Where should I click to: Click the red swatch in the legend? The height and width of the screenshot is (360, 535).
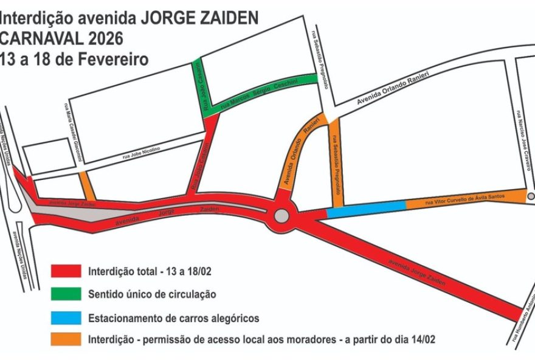pos(66,271)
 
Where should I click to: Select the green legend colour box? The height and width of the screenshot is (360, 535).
pos(66,294)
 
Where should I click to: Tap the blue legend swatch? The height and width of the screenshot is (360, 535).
pos(66,317)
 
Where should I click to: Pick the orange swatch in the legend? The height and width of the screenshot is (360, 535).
pos(66,339)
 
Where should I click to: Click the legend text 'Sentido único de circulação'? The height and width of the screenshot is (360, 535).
pos(152,294)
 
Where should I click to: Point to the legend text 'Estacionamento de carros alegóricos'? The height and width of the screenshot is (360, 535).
pos(174,317)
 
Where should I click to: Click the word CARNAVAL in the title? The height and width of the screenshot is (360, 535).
pos(36,39)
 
